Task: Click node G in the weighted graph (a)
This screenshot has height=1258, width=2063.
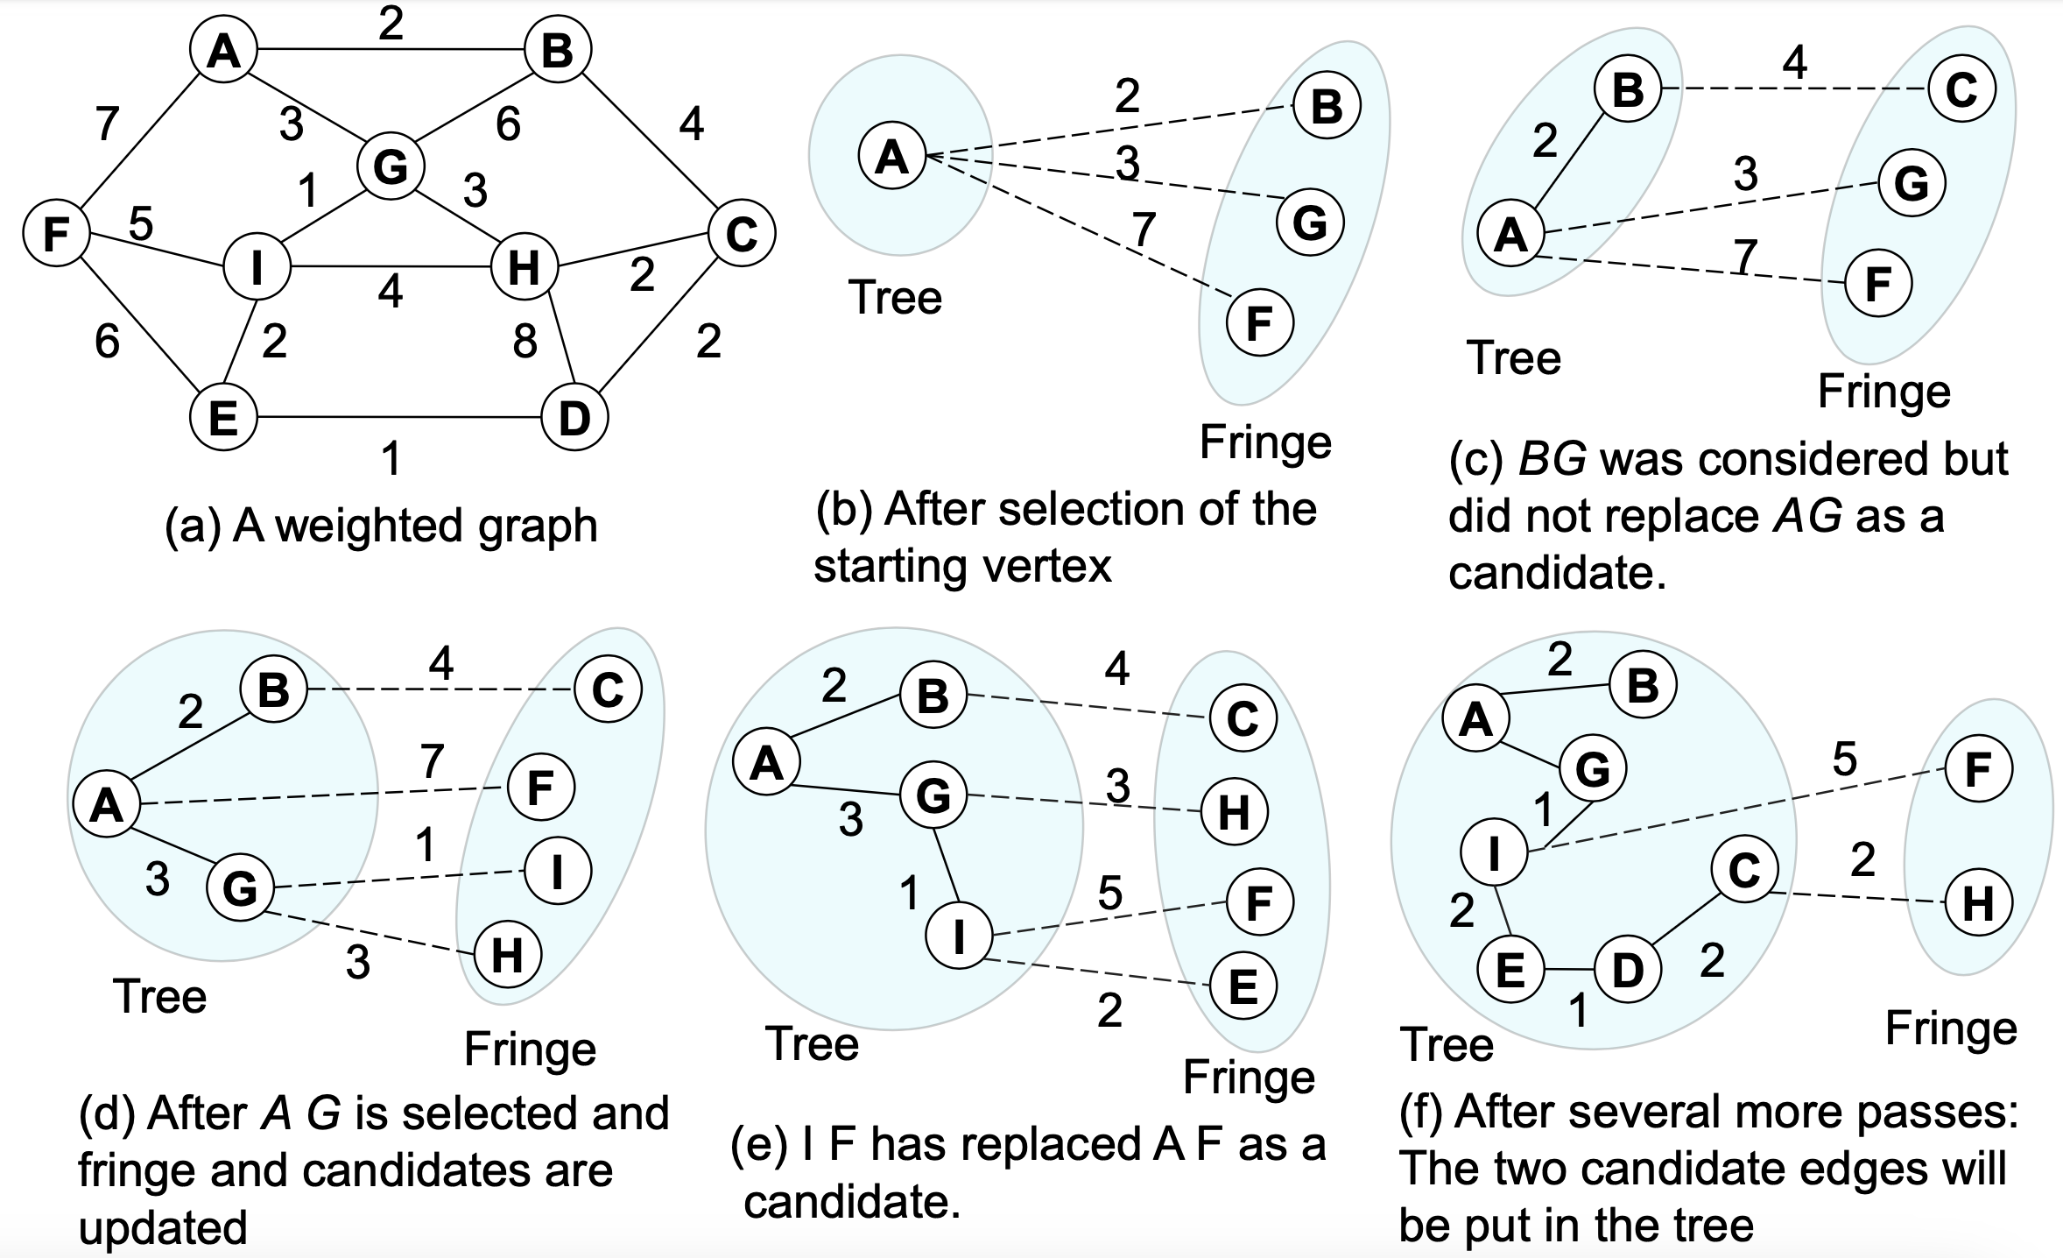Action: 391,166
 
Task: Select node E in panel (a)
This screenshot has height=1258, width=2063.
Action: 224,417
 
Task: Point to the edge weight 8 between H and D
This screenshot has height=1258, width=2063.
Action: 525,340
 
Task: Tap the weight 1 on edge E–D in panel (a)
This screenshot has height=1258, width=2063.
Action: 391,458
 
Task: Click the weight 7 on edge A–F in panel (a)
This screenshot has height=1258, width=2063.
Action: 107,124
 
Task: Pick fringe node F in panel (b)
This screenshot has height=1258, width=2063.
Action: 1259,323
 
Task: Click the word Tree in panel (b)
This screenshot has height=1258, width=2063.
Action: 895,298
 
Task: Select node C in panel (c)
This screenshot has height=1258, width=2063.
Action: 1961,89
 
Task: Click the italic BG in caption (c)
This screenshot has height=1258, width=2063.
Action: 1553,459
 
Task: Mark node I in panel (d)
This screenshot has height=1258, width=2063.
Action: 558,871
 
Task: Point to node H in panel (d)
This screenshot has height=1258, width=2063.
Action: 507,955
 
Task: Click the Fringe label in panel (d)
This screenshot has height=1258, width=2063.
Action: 530,1049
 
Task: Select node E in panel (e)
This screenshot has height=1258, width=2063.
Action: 1243,986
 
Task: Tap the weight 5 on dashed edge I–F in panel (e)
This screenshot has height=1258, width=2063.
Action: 1109,894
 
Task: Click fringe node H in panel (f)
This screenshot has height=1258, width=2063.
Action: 1978,902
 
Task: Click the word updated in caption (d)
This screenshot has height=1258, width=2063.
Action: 163,1227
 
